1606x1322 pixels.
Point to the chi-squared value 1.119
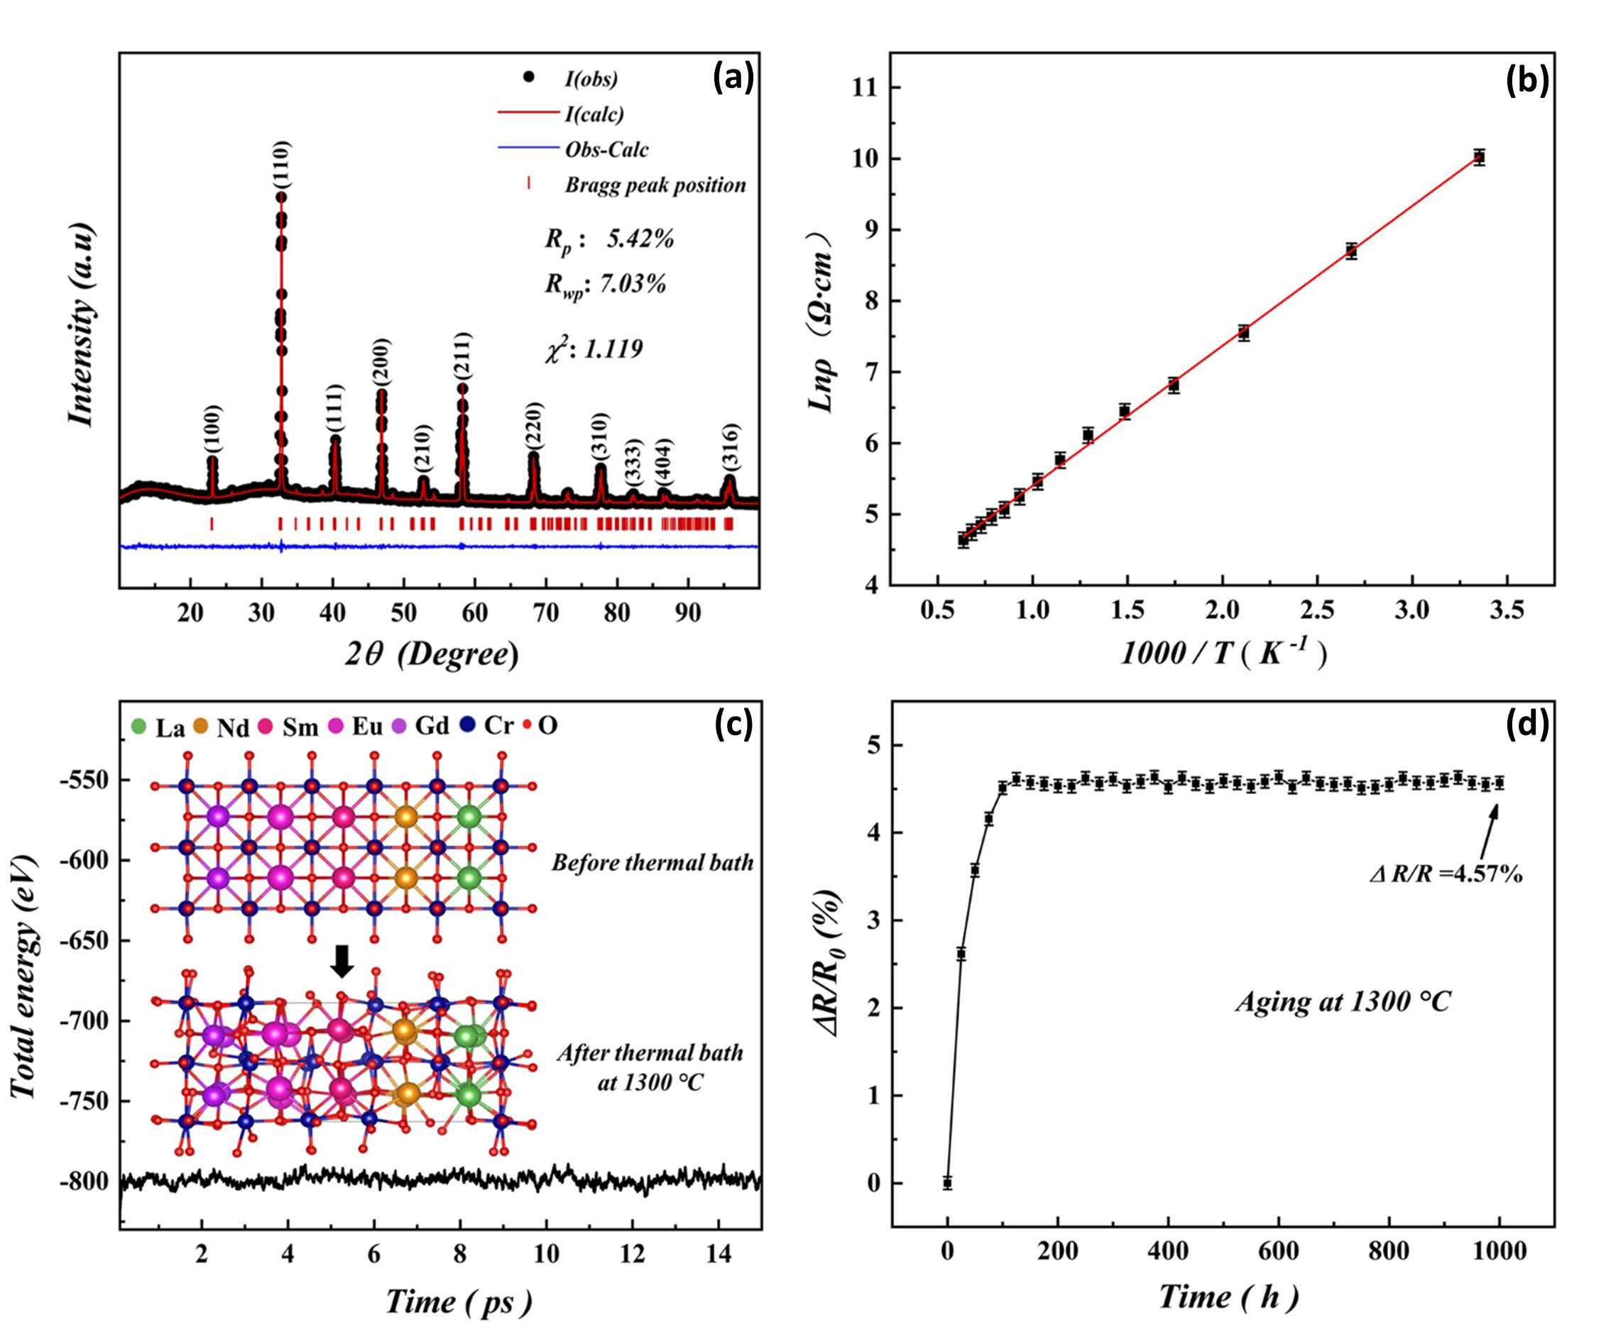pyautogui.click(x=613, y=349)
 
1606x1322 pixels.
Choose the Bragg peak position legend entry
pyautogui.click(x=655, y=185)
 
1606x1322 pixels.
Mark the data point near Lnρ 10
pyautogui.click(x=1479, y=158)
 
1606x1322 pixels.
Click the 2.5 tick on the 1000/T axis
pyautogui.click(x=1317, y=612)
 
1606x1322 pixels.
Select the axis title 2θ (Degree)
pyautogui.click(x=432, y=654)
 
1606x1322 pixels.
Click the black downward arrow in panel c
pyautogui.click(x=342, y=961)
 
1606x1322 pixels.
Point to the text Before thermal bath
pyautogui.click(x=652, y=863)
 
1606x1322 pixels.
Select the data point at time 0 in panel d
pyautogui.click(x=947, y=1183)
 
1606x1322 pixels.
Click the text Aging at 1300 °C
pyautogui.click(x=1343, y=1001)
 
